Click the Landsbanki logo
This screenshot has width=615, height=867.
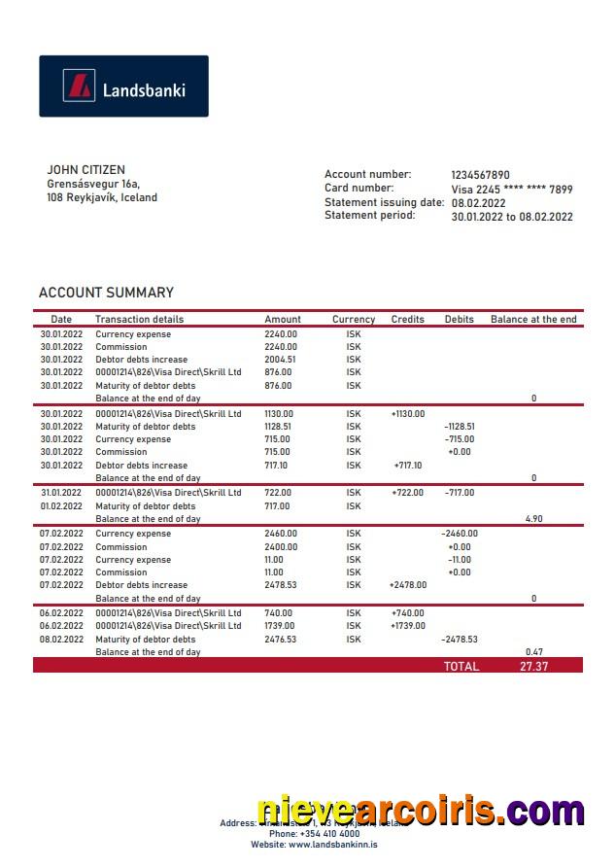click(123, 87)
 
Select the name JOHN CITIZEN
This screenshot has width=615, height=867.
click(85, 170)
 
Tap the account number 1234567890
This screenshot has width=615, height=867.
click(480, 175)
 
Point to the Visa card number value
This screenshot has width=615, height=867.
click(511, 190)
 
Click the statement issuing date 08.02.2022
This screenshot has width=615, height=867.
click(478, 203)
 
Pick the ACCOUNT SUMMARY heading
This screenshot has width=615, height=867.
click(106, 293)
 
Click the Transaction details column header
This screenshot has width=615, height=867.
click(139, 319)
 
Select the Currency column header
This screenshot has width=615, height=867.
click(354, 319)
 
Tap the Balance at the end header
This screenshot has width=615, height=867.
click(533, 319)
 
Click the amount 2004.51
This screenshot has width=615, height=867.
click(281, 359)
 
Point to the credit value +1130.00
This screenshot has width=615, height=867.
click(408, 414)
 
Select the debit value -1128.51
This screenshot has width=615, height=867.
click(460, 427)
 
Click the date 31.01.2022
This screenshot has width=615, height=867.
click(61, 493)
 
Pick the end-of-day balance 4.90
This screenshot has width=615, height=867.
click(533, 519)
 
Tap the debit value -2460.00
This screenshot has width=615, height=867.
click(460, 534)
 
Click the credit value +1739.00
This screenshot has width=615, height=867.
click(408, 626)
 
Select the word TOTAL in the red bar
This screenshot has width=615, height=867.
click(461, 667)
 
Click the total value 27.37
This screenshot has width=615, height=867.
click(534, 667)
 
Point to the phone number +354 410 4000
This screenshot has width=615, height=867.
click(314, 834)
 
